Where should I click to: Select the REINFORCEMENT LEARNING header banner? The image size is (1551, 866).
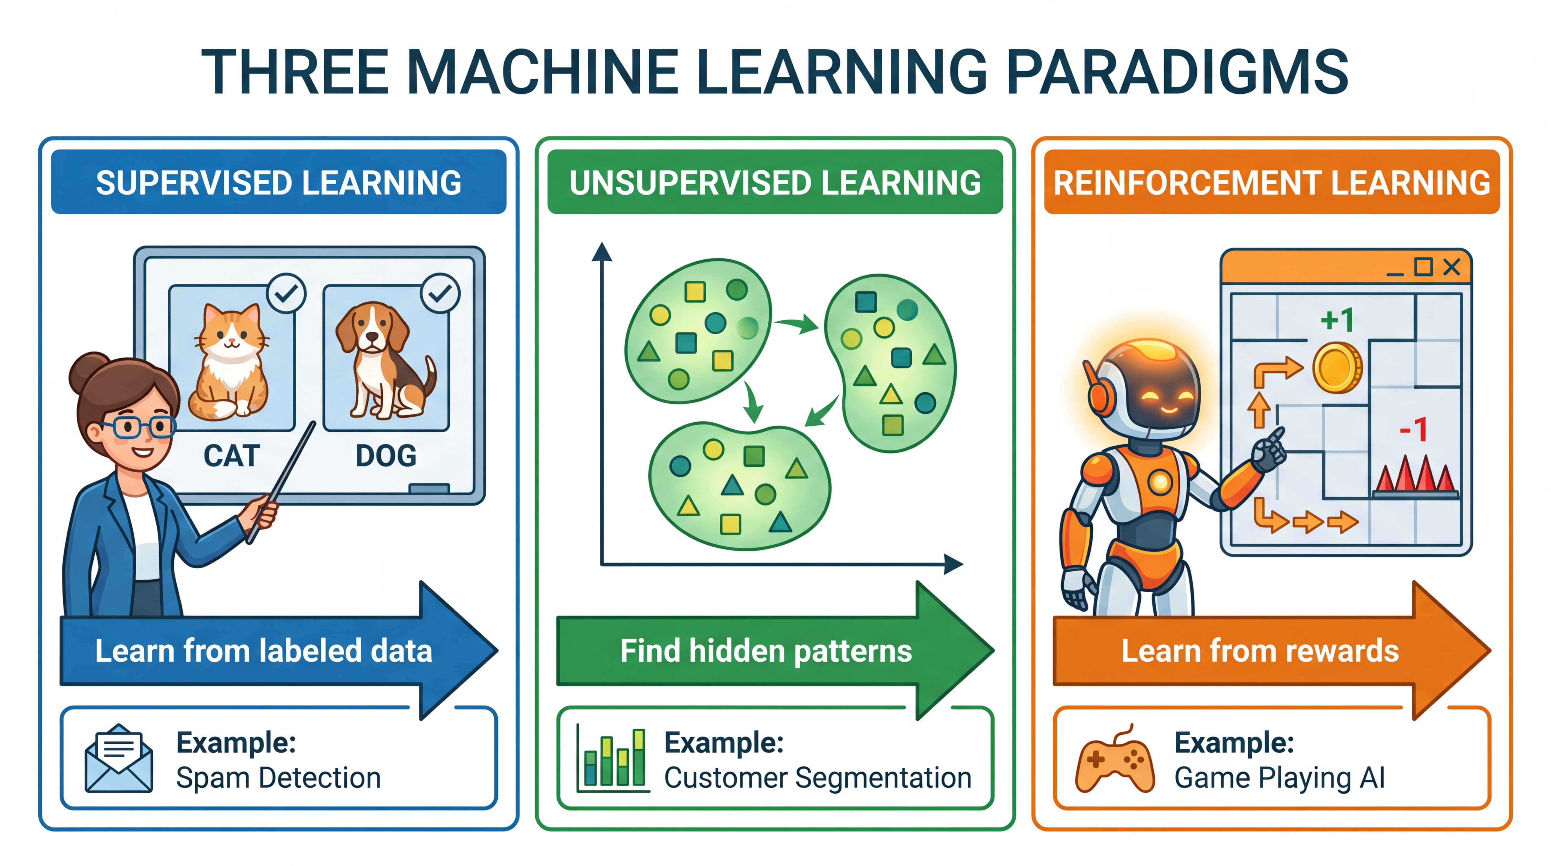[x=1271, y=182]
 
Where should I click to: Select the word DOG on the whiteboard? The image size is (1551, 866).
[x=386, y=456]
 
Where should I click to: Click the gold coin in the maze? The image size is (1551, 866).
[x=1337, y=367]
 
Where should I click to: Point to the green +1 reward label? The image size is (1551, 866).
[x=1337, y=320]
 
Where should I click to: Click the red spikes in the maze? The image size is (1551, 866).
[x=1415, y=476]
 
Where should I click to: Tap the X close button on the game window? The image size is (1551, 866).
[x=1452, y=267]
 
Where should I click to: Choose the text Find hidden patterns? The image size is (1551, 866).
[x=766, y=651]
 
